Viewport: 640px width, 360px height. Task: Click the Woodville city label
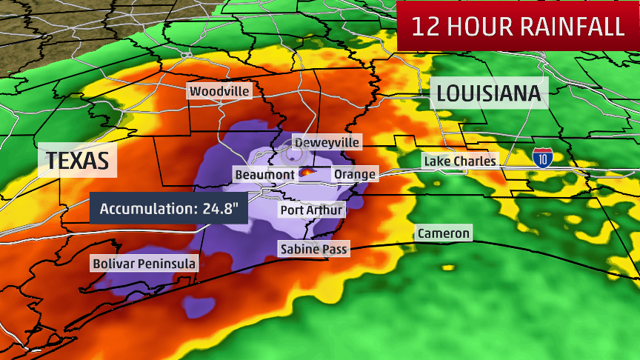219,91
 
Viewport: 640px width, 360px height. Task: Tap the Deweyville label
327,141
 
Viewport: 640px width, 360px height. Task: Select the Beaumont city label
264,174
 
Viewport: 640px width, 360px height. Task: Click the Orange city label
355,174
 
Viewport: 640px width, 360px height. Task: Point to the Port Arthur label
312,210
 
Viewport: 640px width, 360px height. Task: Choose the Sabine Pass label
313,249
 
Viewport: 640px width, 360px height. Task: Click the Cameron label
443,233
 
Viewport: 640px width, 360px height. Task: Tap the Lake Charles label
459,161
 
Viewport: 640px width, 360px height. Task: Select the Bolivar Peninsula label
144,263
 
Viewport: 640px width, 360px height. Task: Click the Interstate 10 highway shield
542,157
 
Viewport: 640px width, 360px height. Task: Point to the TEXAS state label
78,160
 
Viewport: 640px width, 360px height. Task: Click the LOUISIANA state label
490,93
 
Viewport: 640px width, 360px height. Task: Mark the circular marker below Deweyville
294,155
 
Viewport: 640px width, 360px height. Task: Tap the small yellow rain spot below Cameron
447,266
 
